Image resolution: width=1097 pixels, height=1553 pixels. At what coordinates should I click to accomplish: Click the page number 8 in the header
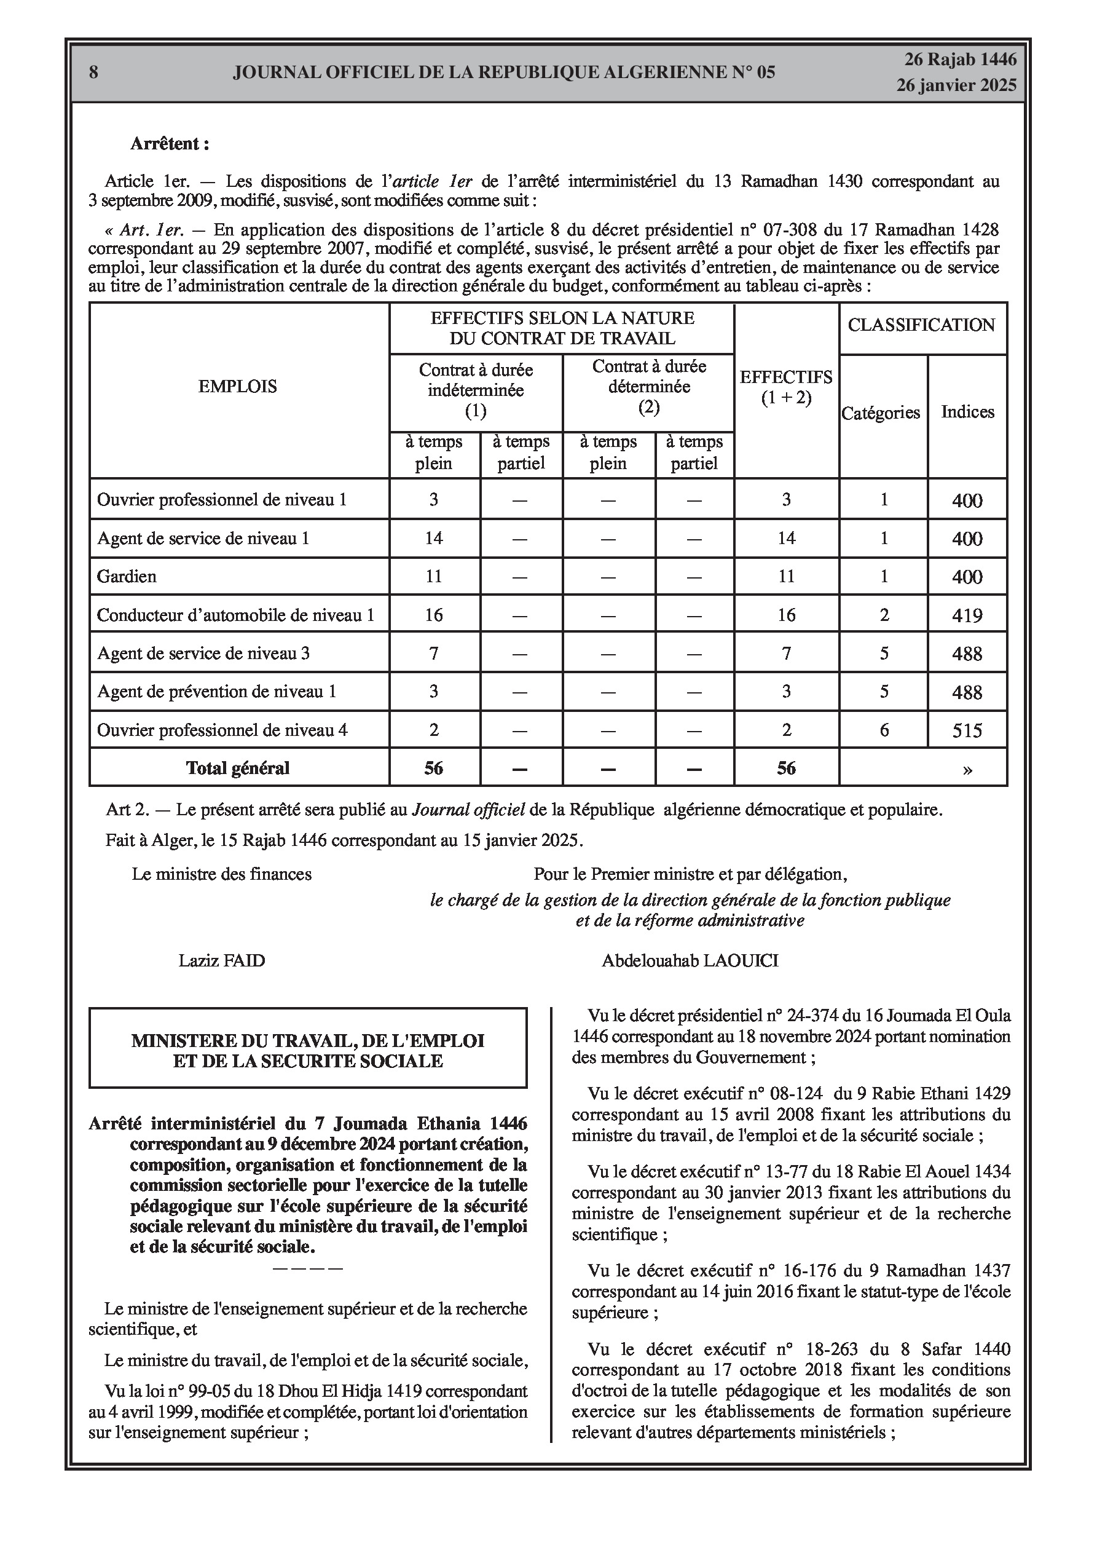93,73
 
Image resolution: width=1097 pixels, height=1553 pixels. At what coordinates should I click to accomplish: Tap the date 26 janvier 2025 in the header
956,85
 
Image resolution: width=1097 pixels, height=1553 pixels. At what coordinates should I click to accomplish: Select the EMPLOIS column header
237,386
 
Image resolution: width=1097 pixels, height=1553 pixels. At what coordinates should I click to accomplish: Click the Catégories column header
881,413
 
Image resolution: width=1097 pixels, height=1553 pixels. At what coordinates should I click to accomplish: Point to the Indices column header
967,412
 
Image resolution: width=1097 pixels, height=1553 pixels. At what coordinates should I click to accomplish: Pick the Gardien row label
127,576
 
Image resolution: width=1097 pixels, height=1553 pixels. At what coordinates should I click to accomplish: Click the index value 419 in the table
967,615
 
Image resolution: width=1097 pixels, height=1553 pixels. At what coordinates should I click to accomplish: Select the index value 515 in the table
967,730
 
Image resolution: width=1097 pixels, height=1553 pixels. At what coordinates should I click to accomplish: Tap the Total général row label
237,769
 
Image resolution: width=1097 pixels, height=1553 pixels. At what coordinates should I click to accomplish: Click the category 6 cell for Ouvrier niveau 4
884,730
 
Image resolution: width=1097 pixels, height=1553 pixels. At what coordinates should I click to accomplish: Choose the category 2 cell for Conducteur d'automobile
884,615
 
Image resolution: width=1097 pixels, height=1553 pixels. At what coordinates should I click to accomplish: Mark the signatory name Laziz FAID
222,960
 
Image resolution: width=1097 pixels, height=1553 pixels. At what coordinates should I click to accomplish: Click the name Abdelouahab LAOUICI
690,960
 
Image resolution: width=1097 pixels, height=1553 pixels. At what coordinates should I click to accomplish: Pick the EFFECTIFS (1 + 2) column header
786,387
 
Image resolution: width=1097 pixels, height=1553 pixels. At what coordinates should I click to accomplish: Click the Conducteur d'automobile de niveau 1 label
235,615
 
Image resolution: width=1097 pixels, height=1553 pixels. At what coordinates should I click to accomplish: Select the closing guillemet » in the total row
967,769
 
